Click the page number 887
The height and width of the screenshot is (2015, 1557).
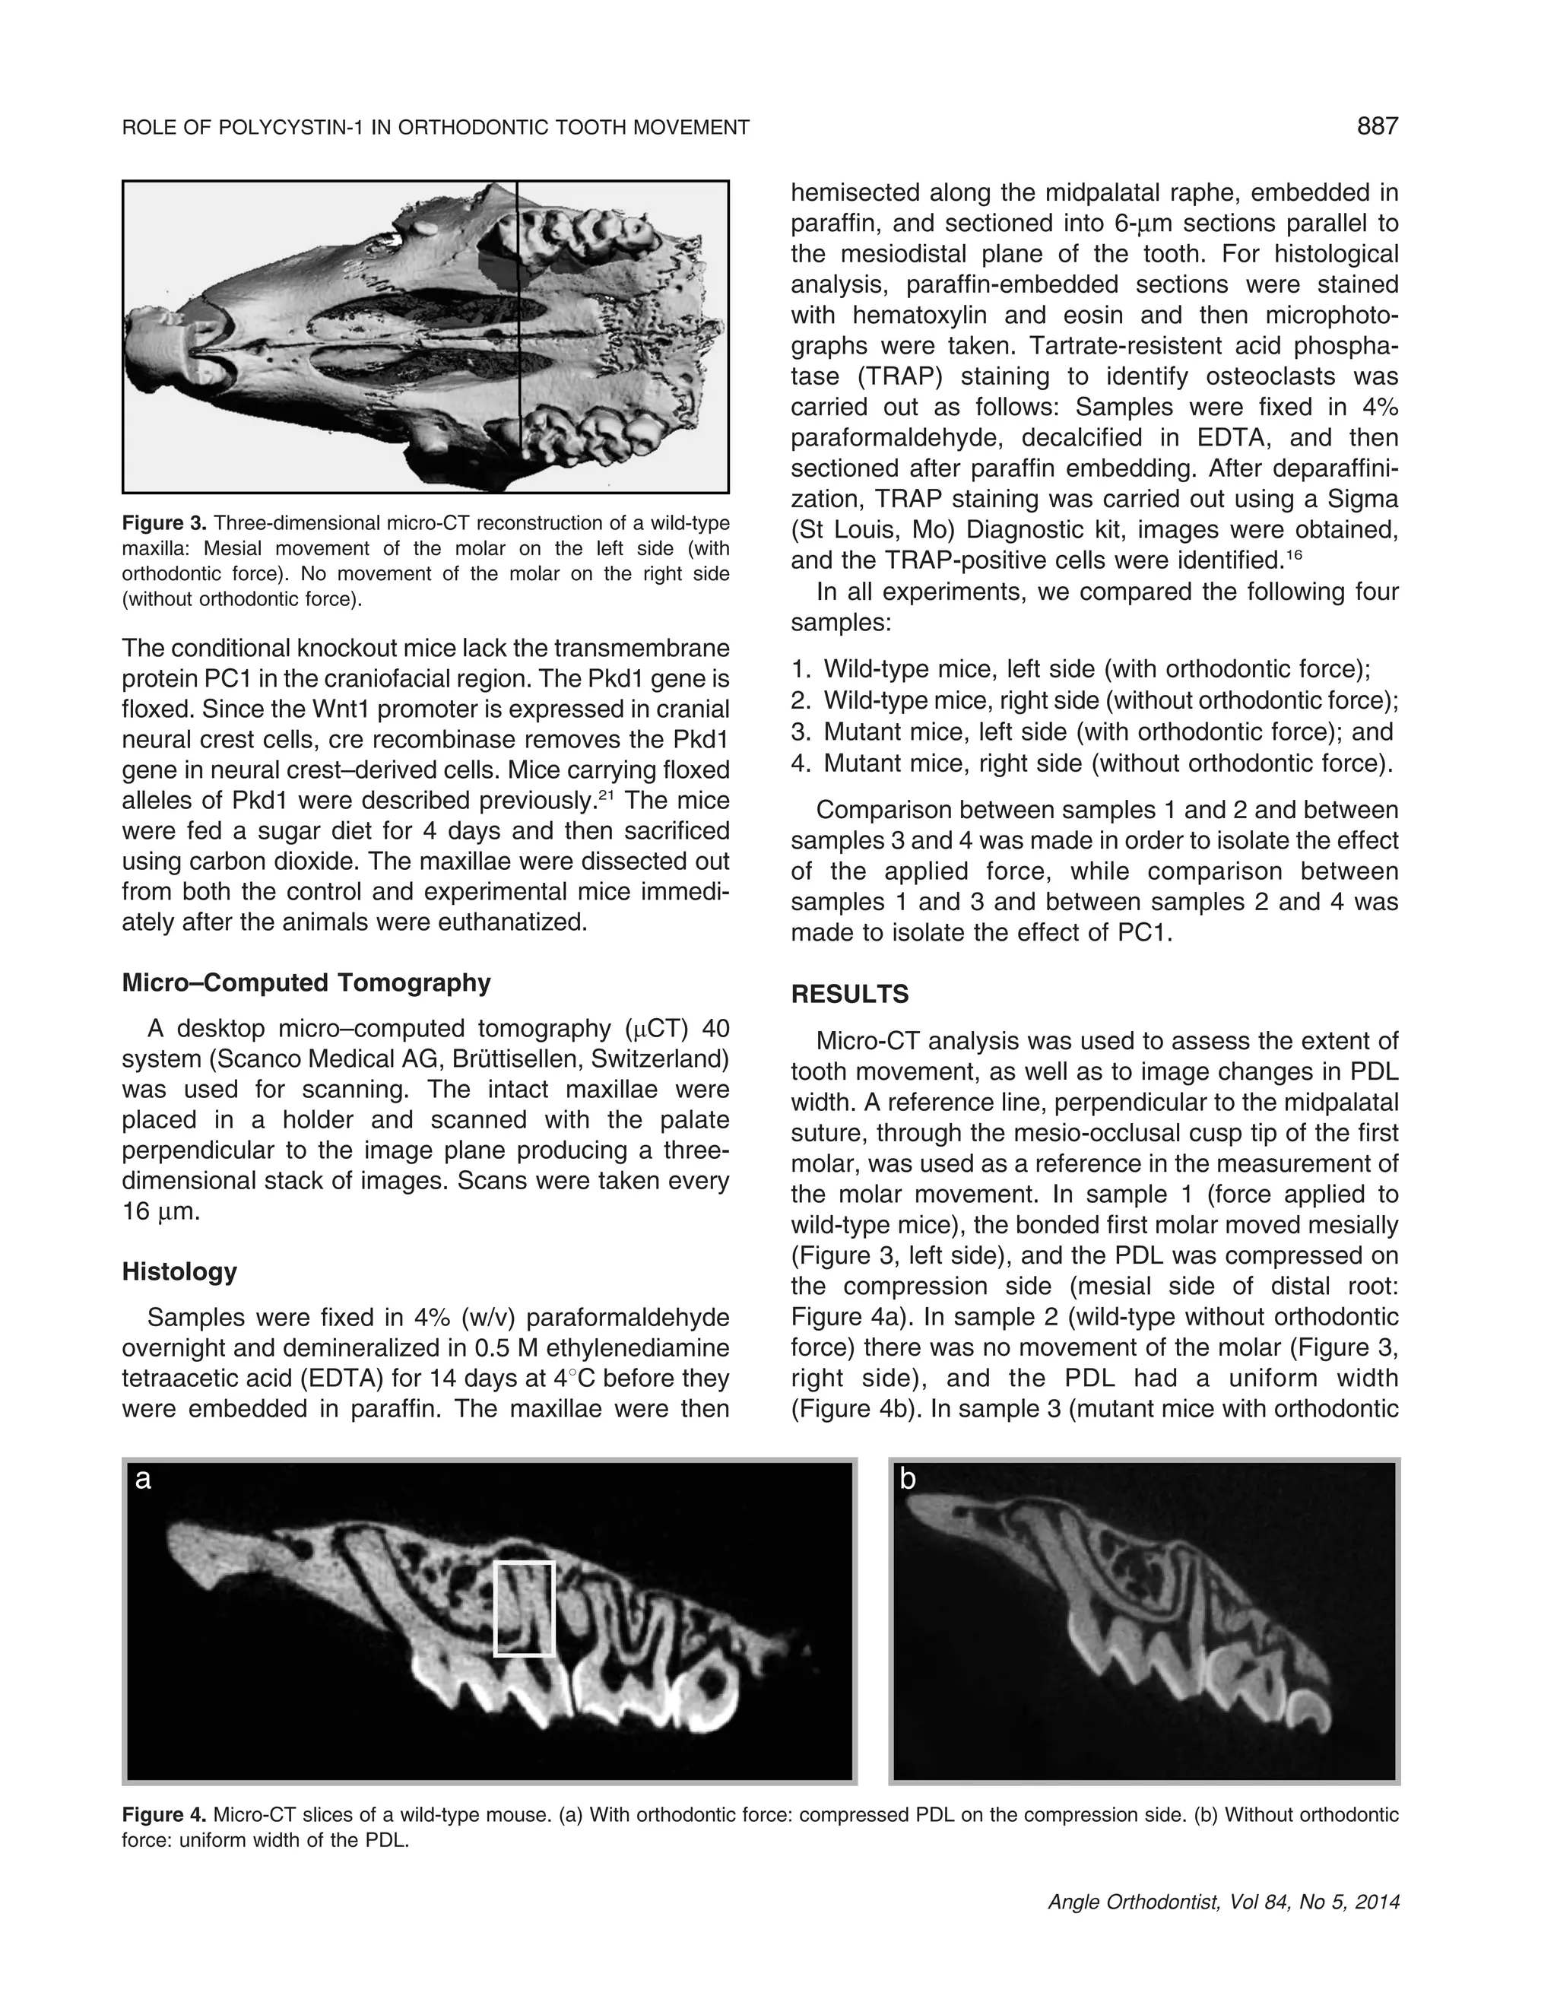[x=1377, y=126]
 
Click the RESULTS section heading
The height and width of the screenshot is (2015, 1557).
[x=849, y=995]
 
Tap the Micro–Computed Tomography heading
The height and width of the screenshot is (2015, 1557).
[x=306, y=982]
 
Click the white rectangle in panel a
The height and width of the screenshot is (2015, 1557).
[x=524, y=1609]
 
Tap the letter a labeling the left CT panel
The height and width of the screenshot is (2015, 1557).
[x=142, y=1480]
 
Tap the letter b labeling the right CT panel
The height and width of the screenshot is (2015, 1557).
[x=908, y=1480]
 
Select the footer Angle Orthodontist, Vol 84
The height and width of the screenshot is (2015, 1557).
[x=1223, y=1902]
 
